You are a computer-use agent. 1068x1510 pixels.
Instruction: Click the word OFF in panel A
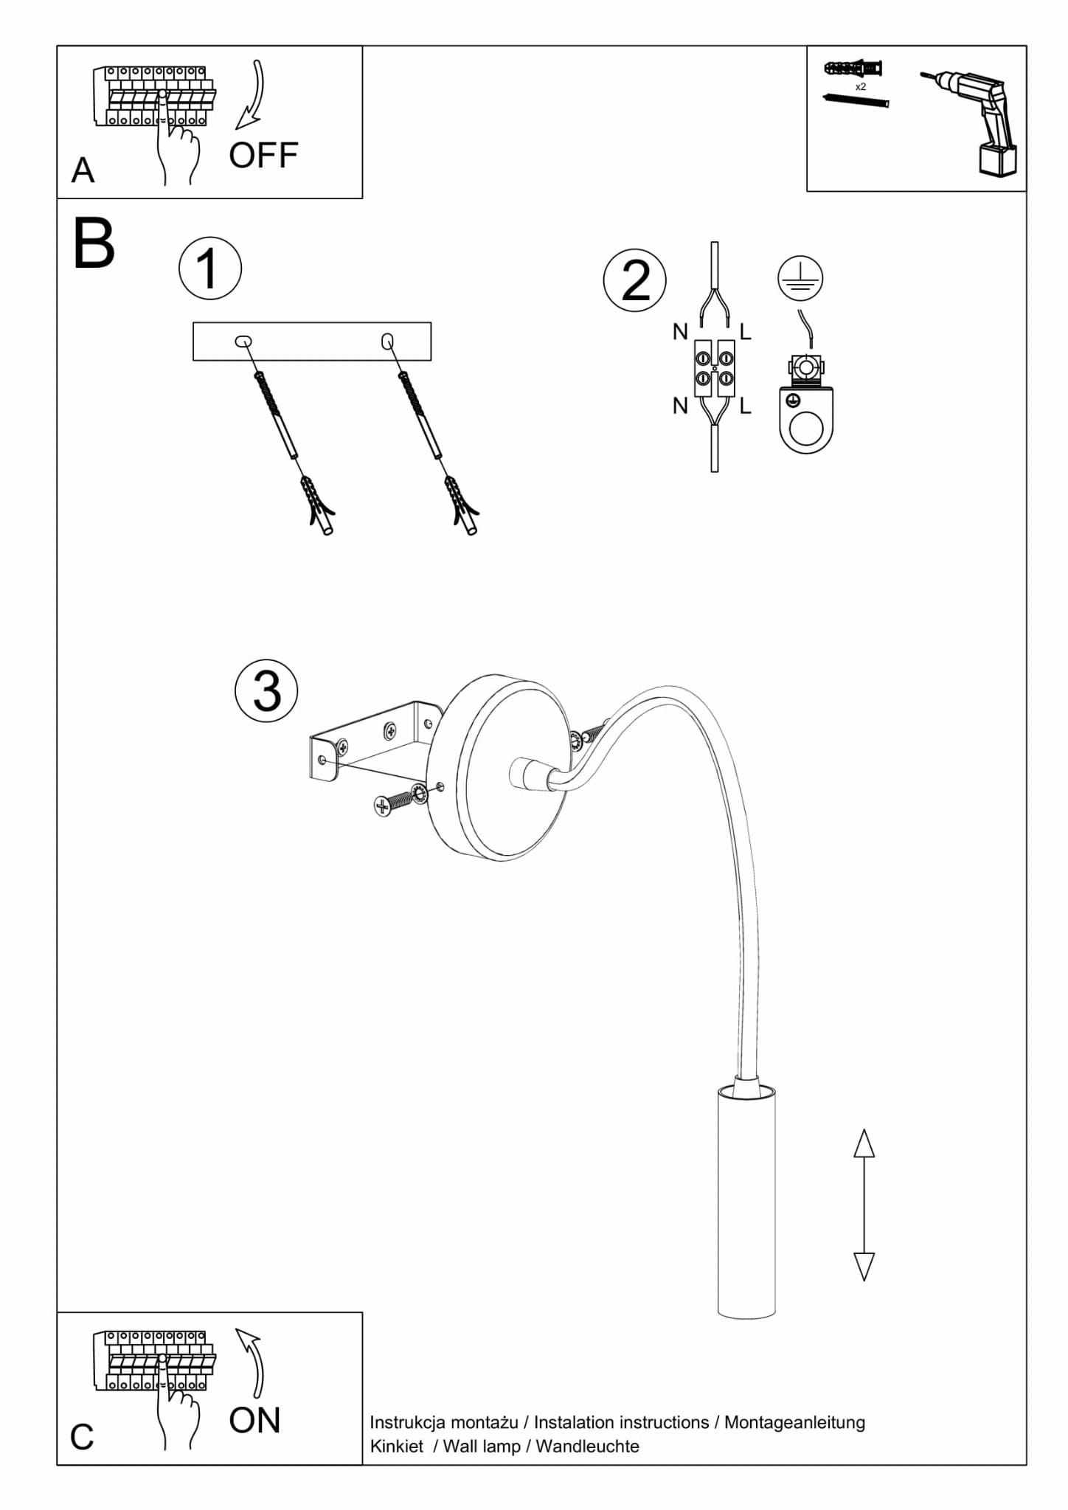(263, 156)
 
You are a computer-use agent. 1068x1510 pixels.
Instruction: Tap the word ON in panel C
(254, 1420)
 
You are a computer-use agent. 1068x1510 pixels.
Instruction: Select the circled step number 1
(210, 269)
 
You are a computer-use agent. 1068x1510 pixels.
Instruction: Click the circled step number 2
(634, 280)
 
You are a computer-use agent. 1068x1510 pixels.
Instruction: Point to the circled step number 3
(266, 690)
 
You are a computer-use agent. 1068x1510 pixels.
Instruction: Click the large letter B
(94, 244)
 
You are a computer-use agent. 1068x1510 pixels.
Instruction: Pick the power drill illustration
(977, 122)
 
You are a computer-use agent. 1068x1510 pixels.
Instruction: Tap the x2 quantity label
(860, 87)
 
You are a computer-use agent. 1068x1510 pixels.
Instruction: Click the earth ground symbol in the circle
(800, 278)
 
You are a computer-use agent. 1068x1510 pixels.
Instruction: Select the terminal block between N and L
(715, 368)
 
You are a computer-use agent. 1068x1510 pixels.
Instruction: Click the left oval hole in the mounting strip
(243, 341)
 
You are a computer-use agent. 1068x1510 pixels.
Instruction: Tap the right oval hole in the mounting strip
(387, 341)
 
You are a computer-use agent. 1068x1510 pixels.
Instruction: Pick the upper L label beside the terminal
(746, 333)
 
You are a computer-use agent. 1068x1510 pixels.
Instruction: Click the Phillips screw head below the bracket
(382, 806)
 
